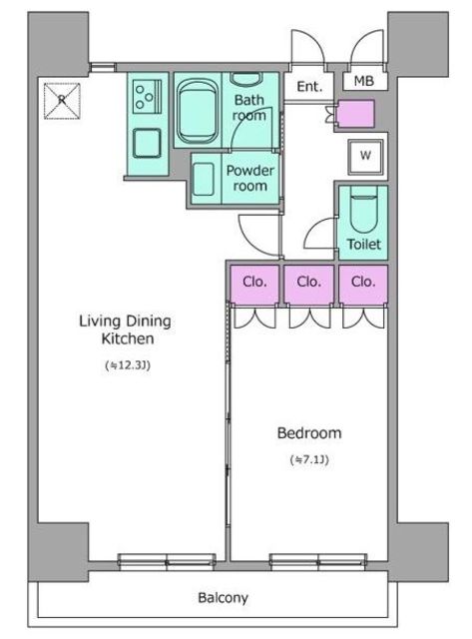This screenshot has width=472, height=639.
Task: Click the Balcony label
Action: click(223, 597)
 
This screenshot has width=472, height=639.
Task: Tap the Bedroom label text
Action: click(309, 432)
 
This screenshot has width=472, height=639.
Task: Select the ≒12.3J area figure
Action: click(128, 365)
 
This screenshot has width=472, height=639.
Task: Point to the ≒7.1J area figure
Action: click(309, 459)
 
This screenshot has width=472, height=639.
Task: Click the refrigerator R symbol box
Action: click(62, 101)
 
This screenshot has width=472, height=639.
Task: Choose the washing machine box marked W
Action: click(365, 157)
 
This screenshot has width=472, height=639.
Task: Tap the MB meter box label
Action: click(363, 81)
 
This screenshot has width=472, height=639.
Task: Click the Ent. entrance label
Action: click(309, 87)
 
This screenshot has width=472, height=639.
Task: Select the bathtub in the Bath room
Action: click(198, 111)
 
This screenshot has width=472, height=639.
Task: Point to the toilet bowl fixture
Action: click(363, 209)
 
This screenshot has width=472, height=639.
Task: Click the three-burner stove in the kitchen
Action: click(147, 96)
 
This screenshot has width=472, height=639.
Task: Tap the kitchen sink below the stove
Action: click(147, 143)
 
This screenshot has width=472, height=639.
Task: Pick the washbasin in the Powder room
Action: click(204, 180)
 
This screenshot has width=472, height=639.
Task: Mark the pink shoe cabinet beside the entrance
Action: click(356, 114)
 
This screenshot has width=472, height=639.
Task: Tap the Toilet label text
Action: click(363, 244)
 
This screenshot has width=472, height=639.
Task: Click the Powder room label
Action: click(250, 178)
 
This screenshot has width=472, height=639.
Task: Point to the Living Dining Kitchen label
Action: click(126, 329)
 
